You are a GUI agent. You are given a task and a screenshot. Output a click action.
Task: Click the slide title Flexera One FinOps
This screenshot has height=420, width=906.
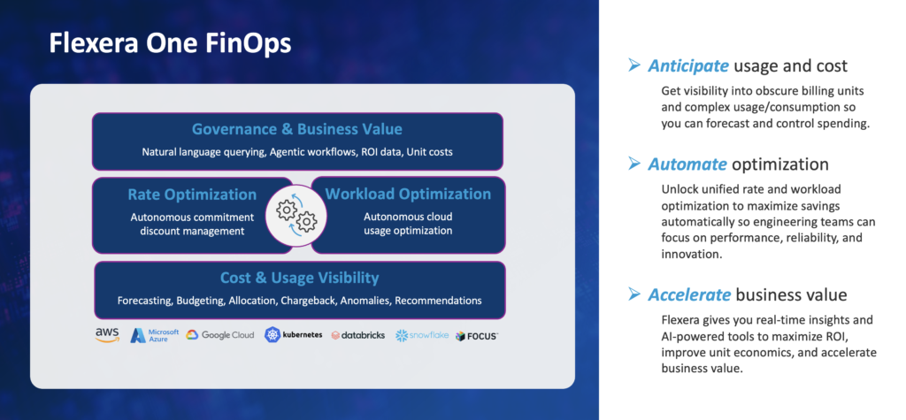[x=170, y=44]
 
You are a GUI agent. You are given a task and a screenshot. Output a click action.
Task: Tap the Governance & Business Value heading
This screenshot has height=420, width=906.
[x=297, y=129]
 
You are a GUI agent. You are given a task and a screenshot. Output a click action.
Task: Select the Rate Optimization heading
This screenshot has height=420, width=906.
[x=192, y=195]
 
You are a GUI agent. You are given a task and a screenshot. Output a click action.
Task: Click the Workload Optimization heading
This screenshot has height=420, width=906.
[x=408, y=194]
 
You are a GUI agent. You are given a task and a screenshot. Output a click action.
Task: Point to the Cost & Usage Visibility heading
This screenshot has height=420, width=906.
[x=299, y=278]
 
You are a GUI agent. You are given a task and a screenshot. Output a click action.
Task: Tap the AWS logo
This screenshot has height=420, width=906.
[x=107, y=335]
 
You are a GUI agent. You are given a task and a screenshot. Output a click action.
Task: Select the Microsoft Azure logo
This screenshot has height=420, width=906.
[x=155, y=335]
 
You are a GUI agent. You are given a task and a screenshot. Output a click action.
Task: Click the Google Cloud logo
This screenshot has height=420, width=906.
[x=220, y=335]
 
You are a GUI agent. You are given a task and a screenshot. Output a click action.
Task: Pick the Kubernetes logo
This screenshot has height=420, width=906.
[x=294, y=335]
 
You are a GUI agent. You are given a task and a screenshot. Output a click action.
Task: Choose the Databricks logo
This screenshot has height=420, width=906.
[x=358, y=335]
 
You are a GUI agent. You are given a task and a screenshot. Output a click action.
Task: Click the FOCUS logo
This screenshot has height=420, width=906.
[x=477, y=336]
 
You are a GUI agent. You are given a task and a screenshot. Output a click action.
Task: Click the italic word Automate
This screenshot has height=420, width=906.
[x=687, y=164]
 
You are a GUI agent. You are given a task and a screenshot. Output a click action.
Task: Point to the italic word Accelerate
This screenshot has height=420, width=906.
[x=689, y=295]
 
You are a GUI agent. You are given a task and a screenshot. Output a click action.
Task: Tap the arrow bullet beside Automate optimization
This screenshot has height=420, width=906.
[x=634, y=164]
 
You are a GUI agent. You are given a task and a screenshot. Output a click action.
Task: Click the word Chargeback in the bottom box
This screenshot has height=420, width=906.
[x=308, y=301]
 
